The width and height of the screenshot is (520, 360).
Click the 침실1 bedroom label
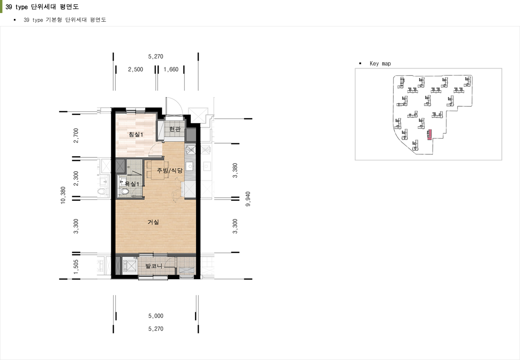click(136, 134)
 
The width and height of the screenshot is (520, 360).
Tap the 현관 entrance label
click(175, 129)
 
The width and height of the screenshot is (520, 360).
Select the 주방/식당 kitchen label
click(170, 170)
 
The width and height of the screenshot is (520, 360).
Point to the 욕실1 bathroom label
click(132, 184)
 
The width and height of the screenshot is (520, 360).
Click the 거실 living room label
click(153, 222)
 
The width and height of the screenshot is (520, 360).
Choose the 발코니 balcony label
click(154, 265)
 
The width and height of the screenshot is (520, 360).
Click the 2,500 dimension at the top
click(135, 69)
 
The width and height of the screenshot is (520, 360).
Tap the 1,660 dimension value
click(171, 69)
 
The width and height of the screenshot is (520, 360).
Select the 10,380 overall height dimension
click(63, 195)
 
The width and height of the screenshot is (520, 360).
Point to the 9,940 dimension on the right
click(248, 199)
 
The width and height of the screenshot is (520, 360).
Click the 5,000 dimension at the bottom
click(156, 316)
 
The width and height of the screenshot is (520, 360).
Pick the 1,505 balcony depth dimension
click(76, 267)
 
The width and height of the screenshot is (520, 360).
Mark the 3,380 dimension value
click(235, 170)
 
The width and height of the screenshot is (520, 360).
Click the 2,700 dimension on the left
click(76, 135)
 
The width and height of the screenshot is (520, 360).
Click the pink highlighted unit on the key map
click(429, 135)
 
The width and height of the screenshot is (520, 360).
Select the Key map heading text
click(380, 63)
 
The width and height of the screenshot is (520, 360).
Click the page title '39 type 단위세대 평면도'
click(42, 7)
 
